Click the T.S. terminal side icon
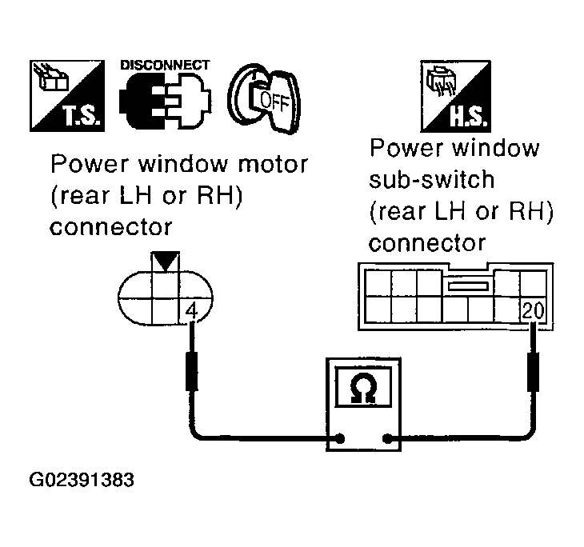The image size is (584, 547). point(67,96)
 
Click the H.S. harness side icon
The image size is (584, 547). point(455,96)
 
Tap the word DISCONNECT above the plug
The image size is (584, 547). point(165,65)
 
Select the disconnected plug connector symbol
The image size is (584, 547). point(166,101)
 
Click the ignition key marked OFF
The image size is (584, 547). point(264,98)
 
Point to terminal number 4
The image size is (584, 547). point(191,310)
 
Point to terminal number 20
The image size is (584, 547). point(533,310)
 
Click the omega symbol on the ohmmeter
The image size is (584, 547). point(363,387)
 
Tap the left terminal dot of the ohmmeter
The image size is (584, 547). point(340,439)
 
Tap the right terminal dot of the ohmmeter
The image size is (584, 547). point(387,439)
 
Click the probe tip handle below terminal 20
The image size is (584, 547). point(534,372)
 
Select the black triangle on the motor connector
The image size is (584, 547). point(166,262)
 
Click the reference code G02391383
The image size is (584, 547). point(82,480)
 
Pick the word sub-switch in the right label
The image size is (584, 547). point(432,179)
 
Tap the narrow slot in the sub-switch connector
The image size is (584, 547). point(468,286)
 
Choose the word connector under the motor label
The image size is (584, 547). point(110,227)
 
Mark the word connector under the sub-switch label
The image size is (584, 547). point(427,243)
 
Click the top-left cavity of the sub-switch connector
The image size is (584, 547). point(378,283)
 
